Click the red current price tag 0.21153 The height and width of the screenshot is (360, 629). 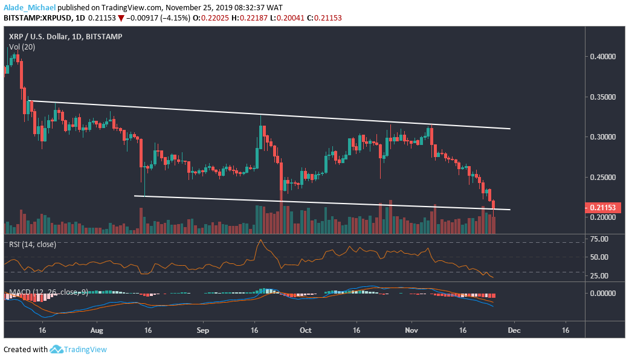pyautogui.click(x=605, y=208)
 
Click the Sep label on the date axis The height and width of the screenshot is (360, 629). pyautogui.click(x=203, y=331)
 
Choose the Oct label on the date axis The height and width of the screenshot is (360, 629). pyautogui.click(x=306, y=331)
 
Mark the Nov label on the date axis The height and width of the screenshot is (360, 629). pyautogui.click(x=411, y=331)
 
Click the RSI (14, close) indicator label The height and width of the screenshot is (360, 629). pyautogui.click(x=32, y=244)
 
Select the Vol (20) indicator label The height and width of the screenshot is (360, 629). pyautogui.click(x=22, y=47)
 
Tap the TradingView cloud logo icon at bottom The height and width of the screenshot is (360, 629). pyautogui.click(x=57, y=349)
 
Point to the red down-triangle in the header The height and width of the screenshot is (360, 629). pyautogui.click(x=121, y=18)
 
